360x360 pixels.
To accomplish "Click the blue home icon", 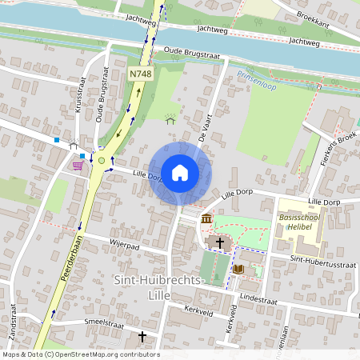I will [180, 173].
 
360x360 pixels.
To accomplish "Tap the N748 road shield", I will [140, 74].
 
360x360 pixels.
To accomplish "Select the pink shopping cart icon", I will [78, 165].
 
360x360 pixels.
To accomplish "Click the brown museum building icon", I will [206, 219].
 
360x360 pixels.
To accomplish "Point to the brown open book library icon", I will [238, 270].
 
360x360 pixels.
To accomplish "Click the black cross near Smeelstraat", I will [142, 338].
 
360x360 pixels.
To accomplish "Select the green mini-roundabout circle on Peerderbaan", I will [101, 161].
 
